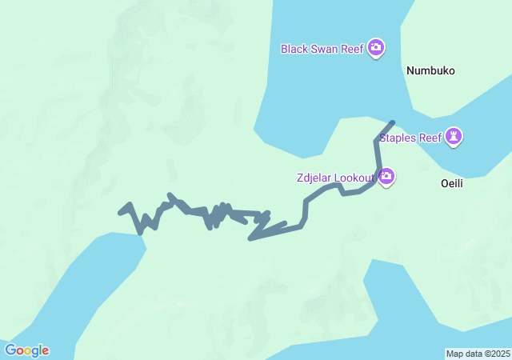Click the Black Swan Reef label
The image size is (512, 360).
coord(322,49)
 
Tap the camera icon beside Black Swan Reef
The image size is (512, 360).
coord(376,49)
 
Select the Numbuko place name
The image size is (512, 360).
coord(430,70)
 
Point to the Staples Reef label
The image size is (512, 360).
coord(410,138)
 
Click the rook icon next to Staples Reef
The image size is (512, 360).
coord(454,137)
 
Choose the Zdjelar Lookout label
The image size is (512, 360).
coord(335,177)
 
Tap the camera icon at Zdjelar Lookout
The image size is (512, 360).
coord(386,176)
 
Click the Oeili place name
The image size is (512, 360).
coord(452,183)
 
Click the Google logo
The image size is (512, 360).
coord(26,350)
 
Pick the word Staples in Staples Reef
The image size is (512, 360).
coord(398,138)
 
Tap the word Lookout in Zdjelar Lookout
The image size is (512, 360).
coord(354,177)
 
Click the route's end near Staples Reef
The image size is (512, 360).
coord(392,122)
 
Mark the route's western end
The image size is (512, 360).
coord(120,212)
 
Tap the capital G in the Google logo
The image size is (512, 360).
coord(10,350)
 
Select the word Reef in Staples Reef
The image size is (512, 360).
coord(430,138)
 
